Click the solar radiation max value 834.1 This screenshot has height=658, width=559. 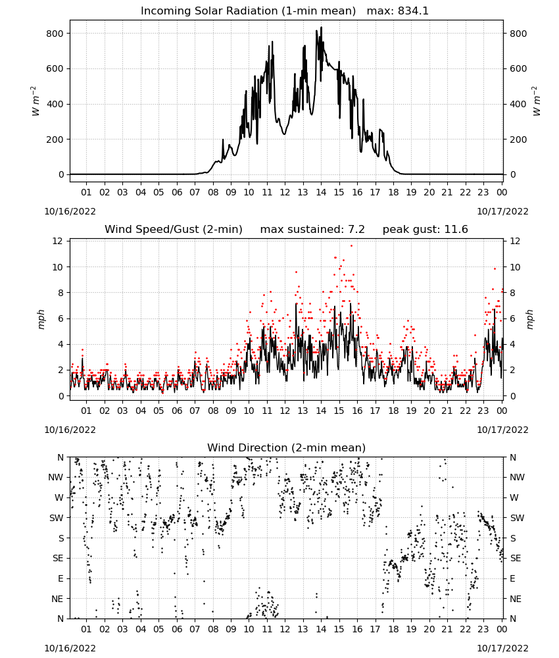413,11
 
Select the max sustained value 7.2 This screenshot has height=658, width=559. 356,230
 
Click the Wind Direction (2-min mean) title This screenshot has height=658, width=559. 287,447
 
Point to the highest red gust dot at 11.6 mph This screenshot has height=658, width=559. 351,246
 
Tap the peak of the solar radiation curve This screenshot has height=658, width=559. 321,27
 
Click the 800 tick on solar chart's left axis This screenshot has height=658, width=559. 55,34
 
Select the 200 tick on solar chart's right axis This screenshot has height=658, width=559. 518,139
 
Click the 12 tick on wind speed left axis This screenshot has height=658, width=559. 57,241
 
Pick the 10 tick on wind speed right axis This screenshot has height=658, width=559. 515,267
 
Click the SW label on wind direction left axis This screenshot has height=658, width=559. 57,518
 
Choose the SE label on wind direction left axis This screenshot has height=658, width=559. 58,558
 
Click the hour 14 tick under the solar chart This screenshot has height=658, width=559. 321,192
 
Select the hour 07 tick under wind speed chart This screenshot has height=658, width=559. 195,411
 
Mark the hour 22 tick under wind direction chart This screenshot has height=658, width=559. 465,629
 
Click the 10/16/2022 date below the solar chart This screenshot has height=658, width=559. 70,211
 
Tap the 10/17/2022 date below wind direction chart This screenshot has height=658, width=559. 502,648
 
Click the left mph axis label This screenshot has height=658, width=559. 41,319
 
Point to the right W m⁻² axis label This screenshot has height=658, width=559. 537,101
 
